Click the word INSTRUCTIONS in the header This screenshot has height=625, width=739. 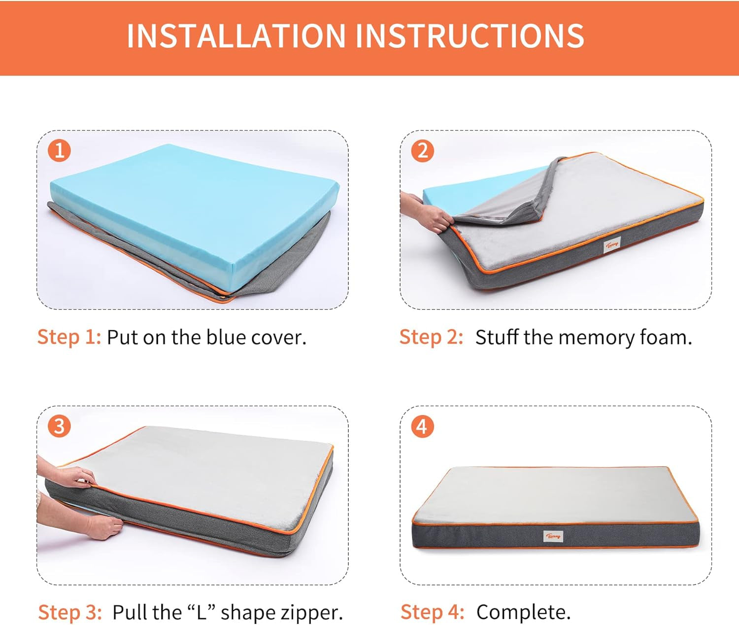point(470,36)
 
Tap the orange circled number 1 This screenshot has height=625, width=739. point(59,150)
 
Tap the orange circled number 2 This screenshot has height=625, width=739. point(422,150)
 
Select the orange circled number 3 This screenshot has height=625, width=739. point(59,426)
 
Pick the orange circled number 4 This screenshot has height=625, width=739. point(422,426)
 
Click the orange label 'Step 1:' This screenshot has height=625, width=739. point(69,337)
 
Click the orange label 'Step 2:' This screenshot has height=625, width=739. point(431,337)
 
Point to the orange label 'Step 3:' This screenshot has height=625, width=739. point(70,612)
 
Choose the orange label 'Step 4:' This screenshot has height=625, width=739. point(432,612)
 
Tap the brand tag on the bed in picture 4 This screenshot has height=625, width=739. point(553,536)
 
